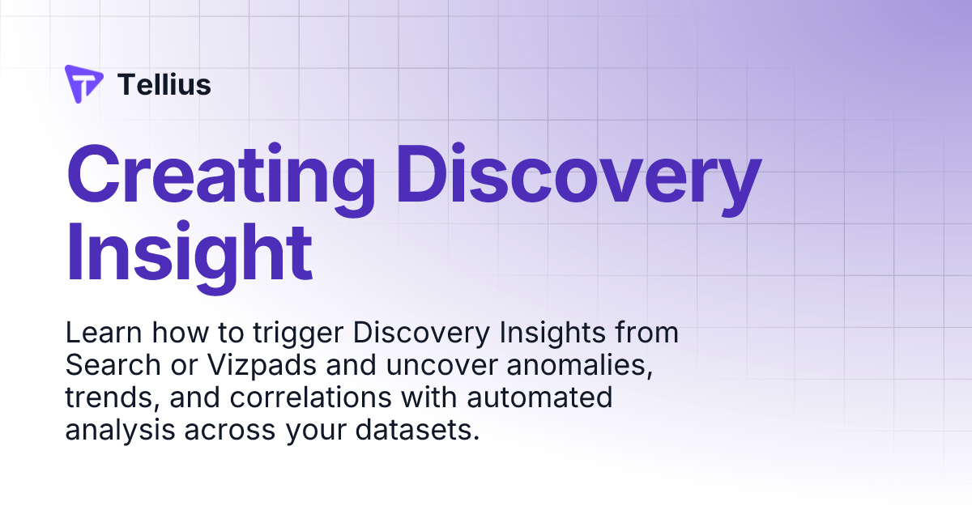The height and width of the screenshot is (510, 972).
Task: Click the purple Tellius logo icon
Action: [x=83, y=83]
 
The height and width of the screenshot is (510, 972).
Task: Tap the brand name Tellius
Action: [x=164, y=84]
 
